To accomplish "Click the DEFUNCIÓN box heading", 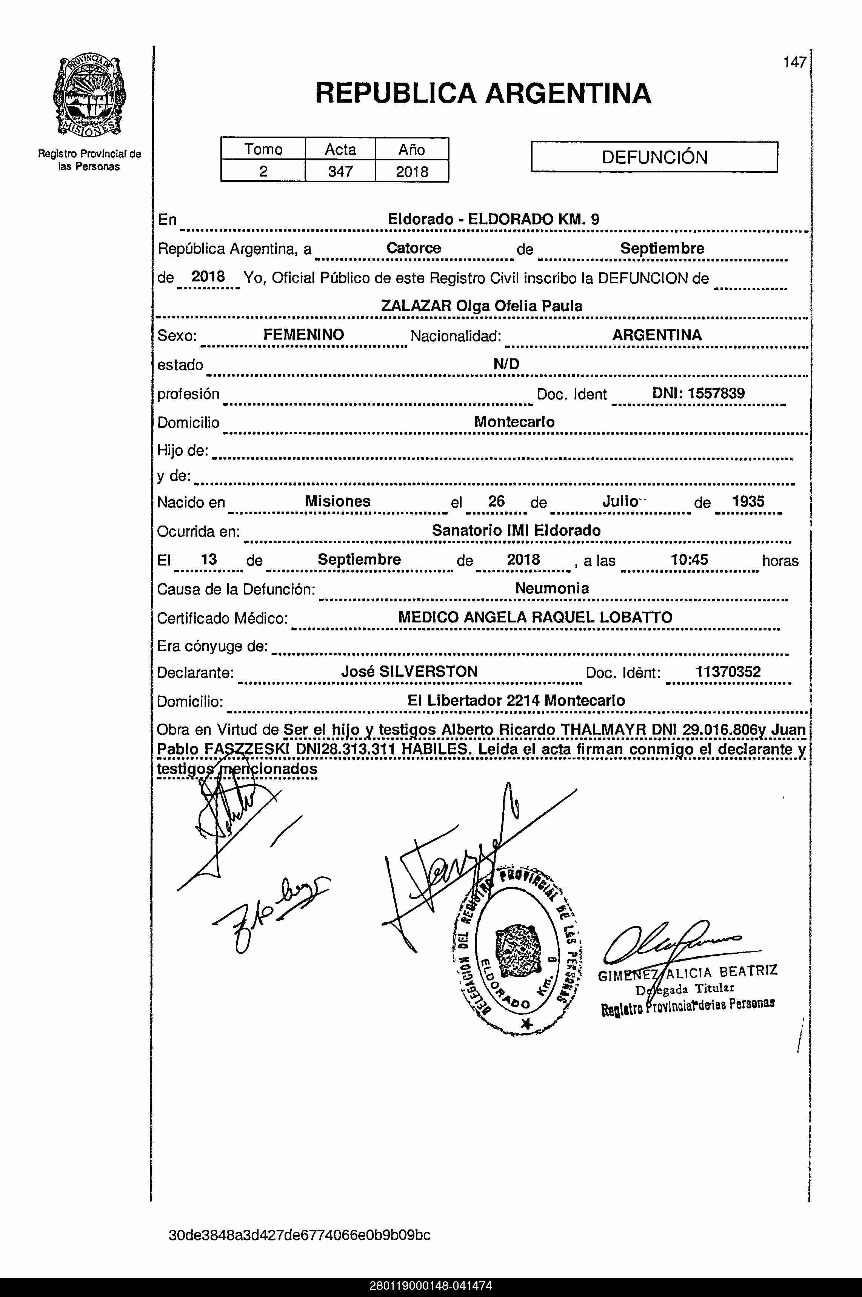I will click(x=654, y=158).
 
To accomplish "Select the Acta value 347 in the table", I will click(x=340, y=172).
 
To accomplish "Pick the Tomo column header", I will click(x=263, y=149).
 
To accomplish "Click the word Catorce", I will click(x=413, y=248).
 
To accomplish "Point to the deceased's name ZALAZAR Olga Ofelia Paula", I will click(x=482, y=306).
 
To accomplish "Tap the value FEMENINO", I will click(x=303, y=335).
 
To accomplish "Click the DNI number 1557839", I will click(x=716, y=393).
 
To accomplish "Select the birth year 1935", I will click(x=748, y=501).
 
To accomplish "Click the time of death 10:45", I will click(x=690, y=560).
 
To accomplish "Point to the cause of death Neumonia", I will click(x=552, y=589).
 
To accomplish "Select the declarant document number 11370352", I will click(x=728, y=672).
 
